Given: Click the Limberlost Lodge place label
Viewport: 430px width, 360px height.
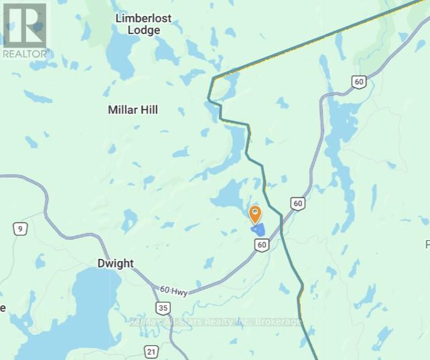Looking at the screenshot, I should coord(147,24).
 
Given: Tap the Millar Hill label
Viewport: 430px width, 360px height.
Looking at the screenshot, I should coord(133,110).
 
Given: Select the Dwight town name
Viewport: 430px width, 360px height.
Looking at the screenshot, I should coord(115,264).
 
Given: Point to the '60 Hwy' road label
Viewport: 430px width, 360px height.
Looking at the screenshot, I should coord(173,290).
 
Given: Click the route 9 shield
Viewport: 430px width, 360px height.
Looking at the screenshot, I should coord(21,230).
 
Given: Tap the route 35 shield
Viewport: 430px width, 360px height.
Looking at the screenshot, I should coord(162,307).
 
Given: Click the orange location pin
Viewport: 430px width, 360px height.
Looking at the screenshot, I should coord(255,214).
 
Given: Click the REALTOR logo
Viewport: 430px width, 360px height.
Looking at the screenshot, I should coord(25,30).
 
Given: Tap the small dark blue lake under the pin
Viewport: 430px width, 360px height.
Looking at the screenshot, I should coord(259,230).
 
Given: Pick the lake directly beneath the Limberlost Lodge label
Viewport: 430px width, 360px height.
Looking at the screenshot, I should coord(122,56).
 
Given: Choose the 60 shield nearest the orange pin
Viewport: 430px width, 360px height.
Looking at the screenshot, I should coord(262,246).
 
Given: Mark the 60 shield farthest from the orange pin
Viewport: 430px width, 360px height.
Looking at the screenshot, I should coord(360,82).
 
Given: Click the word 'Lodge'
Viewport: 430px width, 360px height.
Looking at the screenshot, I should coord(147,30).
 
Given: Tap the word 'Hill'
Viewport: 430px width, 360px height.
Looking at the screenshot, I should coord(148,110).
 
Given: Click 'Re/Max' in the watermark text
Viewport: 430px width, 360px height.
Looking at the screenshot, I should coord(145,323).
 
